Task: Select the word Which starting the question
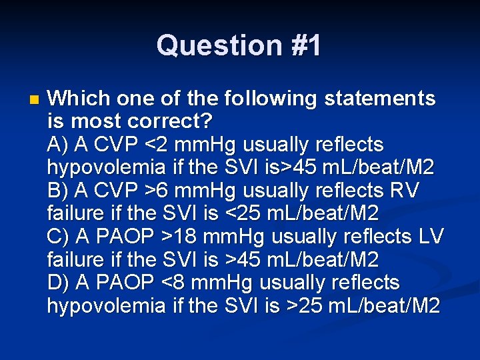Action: (75, 99)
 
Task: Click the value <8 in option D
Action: (177, 283)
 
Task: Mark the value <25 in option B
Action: (249, 214)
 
